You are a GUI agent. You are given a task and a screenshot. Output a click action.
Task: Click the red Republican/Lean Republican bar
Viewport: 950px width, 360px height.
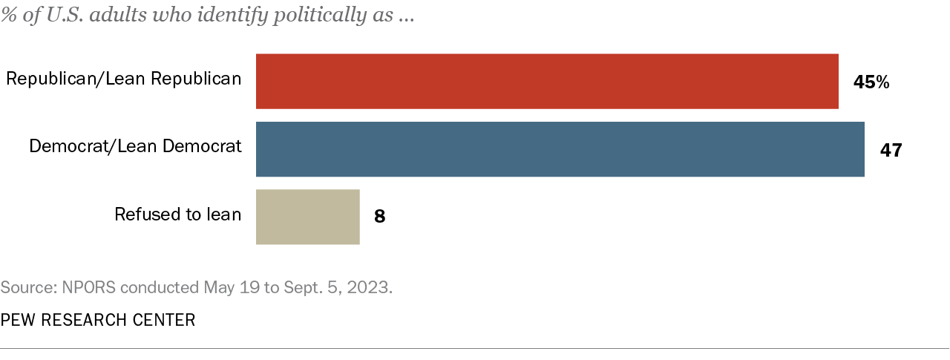pyautogui.click(x=547, y=82)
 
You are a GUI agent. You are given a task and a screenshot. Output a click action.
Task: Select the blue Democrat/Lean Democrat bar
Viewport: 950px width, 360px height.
pyautogui.click(x=560, y=149)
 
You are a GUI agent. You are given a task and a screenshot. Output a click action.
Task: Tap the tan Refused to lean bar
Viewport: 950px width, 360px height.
pyautogui.click(x=307, y=217)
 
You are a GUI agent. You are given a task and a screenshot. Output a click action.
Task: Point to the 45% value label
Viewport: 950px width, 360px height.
pyautogui.click(x=871, y=82)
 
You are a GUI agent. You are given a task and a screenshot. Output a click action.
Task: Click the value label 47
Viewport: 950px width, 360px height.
pyautogui.click(x=891, y=150)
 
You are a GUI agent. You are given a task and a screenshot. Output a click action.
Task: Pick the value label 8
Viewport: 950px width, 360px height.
pyautogui.click(x=379, y=217)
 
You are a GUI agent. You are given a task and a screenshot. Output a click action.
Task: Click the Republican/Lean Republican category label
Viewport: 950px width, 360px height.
pyautogui.click(x=124, y=79)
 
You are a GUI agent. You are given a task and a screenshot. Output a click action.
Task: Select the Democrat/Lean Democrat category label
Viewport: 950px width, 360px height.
pyautogui.click(x=135, y=146)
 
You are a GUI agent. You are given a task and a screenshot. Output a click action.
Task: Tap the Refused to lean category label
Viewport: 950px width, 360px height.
pyautogui.click(x=178, y=215)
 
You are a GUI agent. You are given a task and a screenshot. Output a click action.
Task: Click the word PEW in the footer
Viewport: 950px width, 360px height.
pyautogui.click(x=16, y=320)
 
